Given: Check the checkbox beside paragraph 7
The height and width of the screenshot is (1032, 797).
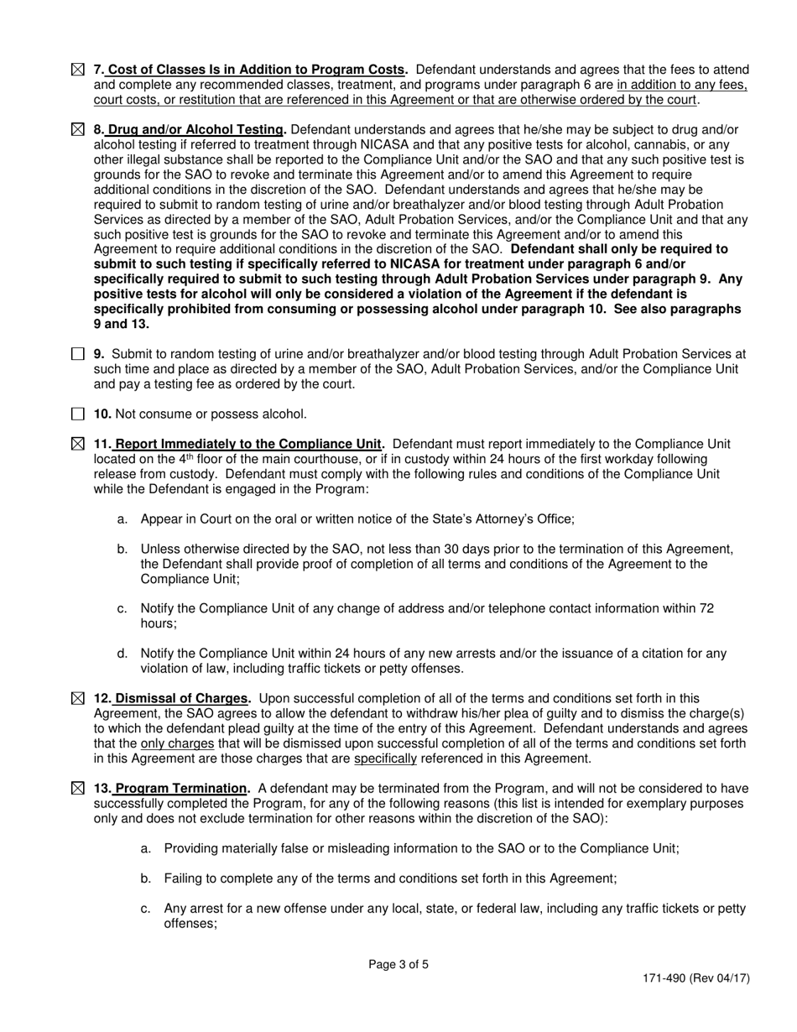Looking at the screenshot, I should click(77, 70).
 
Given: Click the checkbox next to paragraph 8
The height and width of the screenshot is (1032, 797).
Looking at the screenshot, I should click(77, 130).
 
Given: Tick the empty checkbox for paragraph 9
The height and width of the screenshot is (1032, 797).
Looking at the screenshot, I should click(77, 354).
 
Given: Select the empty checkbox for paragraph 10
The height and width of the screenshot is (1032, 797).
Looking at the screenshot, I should click(77, 414).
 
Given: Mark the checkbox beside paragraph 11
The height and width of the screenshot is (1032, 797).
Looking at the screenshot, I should click(77, 444).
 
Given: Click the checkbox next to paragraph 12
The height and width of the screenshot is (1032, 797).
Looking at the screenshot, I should click(77, 698).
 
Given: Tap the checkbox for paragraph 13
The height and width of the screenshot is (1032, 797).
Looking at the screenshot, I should click(77, 789).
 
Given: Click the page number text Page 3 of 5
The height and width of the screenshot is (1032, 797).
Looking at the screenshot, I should click(398, 964).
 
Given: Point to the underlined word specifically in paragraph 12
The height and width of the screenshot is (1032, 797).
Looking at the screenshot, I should click(385, 758).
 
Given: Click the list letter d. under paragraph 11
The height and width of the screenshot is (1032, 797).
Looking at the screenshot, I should click(123, 654).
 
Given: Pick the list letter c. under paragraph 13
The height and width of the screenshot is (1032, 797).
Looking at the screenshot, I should click(146, 909).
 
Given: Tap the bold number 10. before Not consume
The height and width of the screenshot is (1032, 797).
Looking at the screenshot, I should click(102, 414).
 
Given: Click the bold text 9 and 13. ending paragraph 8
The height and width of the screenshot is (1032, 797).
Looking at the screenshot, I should click(121, 324).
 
